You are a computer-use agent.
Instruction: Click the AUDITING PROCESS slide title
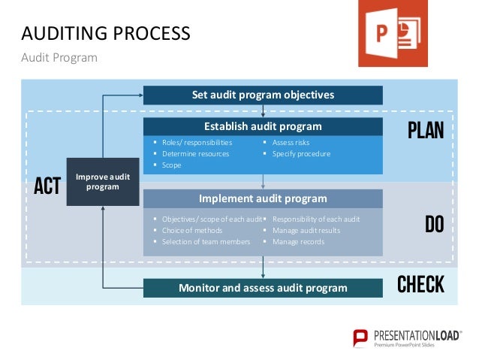104,33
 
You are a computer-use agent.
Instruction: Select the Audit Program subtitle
59,57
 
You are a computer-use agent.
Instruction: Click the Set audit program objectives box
263,95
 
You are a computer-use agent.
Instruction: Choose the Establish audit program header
263,126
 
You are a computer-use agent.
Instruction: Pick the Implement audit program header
263,198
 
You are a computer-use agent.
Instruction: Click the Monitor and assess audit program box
263,288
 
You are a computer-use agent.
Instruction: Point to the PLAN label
426,131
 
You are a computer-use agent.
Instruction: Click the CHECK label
420,285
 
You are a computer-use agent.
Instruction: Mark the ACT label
47,186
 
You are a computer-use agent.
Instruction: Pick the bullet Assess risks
290,142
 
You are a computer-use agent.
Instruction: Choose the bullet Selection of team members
206,241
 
